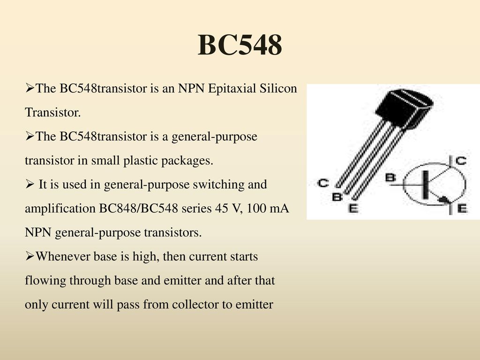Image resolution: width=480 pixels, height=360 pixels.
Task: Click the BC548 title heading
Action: [x=240, y=45]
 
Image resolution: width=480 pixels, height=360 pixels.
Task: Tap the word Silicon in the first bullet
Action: [x=278, y=88]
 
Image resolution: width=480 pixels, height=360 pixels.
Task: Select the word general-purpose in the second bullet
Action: [x=214, y=136]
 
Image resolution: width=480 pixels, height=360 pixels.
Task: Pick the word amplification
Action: [x=60, y=209]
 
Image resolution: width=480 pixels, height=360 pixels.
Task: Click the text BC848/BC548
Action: [x=138, y=209]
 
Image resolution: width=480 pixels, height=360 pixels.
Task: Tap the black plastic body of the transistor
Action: [x=404, y=107]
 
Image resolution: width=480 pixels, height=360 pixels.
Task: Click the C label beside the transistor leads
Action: [x=323, y=183]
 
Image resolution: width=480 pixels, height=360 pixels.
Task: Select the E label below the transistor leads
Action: [x=353, y=209]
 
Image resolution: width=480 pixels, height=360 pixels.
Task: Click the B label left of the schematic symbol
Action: [x=390, y=178]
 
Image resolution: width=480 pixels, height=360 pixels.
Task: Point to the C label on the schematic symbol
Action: [x=461, y=160]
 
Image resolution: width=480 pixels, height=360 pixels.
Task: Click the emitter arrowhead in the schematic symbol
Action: [x=444, y=200]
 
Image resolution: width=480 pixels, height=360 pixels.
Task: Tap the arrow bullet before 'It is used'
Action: [x=30, y=184]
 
